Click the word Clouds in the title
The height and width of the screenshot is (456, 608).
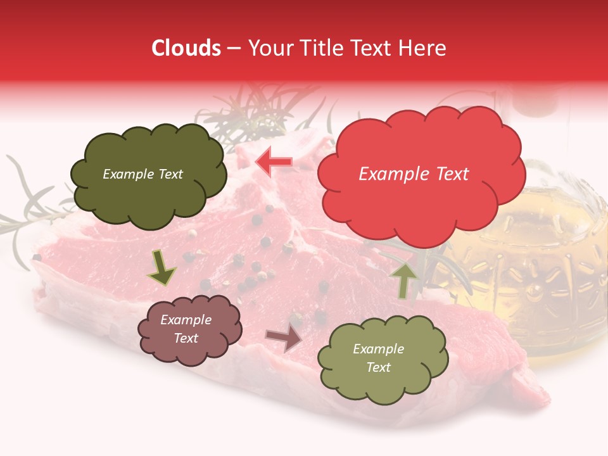(x=186, y=48)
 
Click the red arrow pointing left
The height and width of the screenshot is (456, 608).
(x=274, y=161)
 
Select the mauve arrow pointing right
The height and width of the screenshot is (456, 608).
(x=284, y=338)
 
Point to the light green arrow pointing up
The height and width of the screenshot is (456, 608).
(x=405, y=279)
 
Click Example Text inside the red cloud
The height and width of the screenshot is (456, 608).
(x=414, y=174)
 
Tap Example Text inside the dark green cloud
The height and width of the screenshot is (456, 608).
(x=142, y=174)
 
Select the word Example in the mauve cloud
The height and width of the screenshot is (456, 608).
(x=186, y=320)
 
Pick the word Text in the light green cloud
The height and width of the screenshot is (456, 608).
(x=379, y=367)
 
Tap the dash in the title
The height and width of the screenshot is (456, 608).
(x=234, y=49)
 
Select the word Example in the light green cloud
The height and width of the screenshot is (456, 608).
(x=378, y=349)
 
